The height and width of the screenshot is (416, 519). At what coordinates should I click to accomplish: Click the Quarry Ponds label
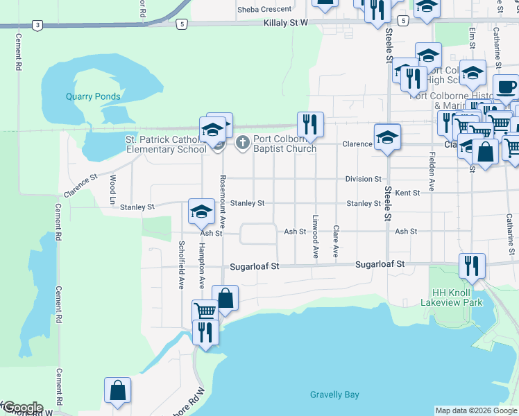[93, 96]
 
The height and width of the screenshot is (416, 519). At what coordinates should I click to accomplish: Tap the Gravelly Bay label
[334, 395]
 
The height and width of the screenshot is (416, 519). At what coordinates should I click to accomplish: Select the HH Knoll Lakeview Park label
[451, 297]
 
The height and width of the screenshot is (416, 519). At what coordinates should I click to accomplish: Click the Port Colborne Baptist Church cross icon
[242, 143]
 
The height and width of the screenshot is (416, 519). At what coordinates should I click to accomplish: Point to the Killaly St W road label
[285, 23]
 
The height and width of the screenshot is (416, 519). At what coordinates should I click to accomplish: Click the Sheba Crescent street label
[264, 9]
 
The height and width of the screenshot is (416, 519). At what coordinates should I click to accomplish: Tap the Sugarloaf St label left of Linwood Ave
[255, 266]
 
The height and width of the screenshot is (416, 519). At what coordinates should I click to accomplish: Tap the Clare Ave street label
[336, 242]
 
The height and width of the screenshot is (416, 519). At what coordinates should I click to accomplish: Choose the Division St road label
[364, 179]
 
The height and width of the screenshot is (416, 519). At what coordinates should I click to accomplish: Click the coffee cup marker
[506, 88]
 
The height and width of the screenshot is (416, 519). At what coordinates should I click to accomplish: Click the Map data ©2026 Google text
[476, 410]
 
